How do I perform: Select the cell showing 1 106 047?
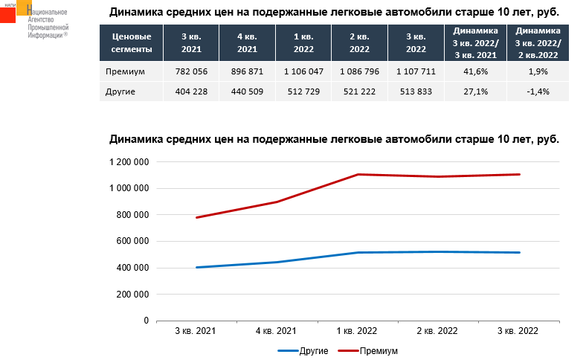[x=303, y=71]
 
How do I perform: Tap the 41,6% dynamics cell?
[x=475, y=71]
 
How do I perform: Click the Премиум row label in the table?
[x=124, y=71]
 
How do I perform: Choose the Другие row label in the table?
[x=121, y=91]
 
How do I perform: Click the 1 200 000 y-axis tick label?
[x=129, y=162]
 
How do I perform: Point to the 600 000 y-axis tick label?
[x=134, y=241]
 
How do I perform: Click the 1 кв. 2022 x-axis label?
[x=358, y=330]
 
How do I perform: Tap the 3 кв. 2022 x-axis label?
[x=519, y=330]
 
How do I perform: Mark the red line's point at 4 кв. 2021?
[x=277, y=202]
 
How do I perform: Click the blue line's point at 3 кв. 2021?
[x=196, y=267]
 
